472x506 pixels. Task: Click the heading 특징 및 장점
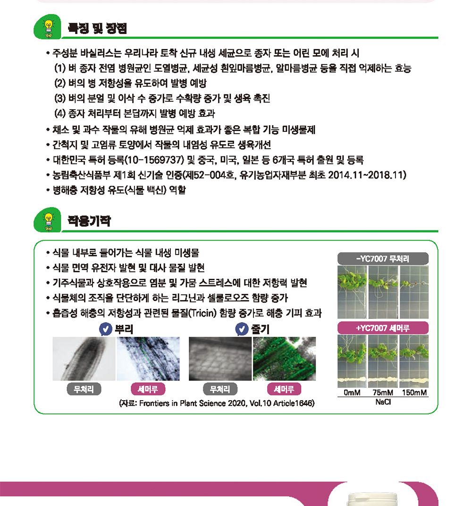pos(97,28)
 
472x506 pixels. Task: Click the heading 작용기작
pos(89,221)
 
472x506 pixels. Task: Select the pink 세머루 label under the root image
pos(147,389)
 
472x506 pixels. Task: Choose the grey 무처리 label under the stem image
pos(220,389)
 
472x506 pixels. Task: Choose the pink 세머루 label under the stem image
pos(284,389)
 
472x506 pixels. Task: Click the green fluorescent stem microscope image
pos(284,359)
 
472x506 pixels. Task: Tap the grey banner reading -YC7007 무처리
pos(383,258)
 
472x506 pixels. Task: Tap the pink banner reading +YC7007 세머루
pos(383,328)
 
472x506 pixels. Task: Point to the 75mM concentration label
pos(382,393)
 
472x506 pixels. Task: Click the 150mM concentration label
pos(414,393)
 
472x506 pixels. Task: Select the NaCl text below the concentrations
pos(383,402)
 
